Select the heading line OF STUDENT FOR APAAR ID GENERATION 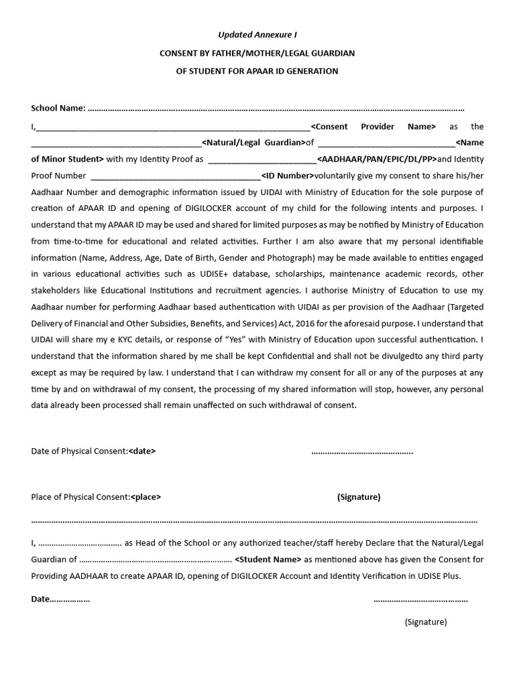coord(257,71)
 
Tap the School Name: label coord(58,109)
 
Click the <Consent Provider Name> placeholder coord(373,126)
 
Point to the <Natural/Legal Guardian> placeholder coord(252,142)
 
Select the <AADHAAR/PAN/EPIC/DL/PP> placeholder coord(376,159)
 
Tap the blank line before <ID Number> coord(175,177)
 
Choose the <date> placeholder coord(141,452)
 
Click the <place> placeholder coord(146,497)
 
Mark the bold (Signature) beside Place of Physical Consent coord(359,497)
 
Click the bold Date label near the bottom coord(41,599)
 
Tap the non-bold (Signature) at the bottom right coord(425,622)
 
